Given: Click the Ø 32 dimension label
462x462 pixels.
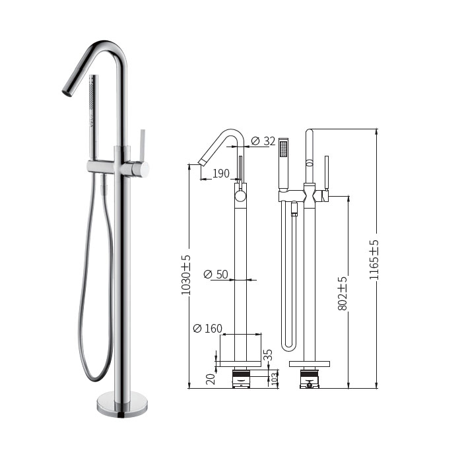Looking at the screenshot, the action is (263, 141).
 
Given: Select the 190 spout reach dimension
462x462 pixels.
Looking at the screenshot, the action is (221, 174).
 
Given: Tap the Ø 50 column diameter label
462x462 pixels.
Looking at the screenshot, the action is (216, 275).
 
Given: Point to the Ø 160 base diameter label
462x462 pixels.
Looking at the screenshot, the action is (207, 328).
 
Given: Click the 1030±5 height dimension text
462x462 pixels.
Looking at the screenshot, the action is (185, 275).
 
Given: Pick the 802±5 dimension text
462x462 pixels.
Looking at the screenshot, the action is (343, 294).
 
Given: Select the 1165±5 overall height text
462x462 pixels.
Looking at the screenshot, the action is (374, 260).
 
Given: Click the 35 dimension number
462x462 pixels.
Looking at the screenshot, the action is (268, 355).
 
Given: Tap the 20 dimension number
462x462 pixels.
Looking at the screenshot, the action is (211, 379).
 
